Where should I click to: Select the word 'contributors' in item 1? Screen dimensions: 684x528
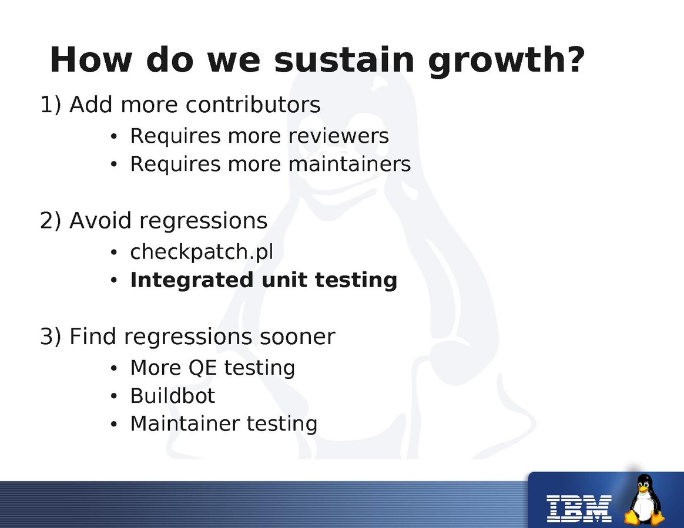[x=253, y=105]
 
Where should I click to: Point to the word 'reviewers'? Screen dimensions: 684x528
[x=338, y=136]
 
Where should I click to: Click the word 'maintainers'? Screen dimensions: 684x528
[x=350, y=164]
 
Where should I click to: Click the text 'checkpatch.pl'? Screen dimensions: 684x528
[x=202, y=251]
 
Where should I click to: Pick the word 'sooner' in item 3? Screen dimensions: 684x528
[x=297, y=337]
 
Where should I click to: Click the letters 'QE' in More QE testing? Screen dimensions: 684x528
[x=202, y=368]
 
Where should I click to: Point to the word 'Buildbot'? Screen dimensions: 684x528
[x=172, y=396]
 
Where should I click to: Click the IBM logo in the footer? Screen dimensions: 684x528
[x=579, y=509]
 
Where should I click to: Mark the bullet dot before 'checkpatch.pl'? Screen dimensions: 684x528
[x=114, y=253]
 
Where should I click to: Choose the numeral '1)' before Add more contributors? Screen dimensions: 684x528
[x=50, y=105]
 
